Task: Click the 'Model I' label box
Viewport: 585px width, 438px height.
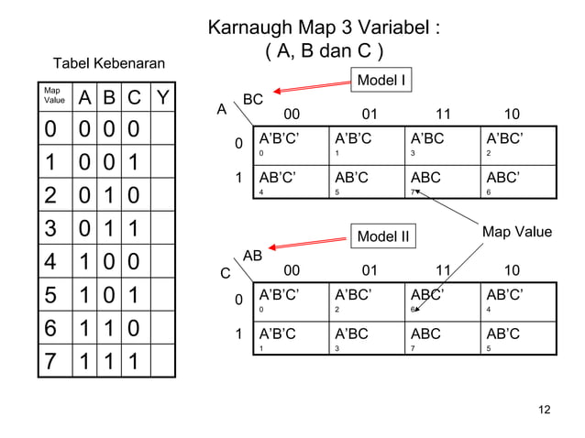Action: click(381, 81)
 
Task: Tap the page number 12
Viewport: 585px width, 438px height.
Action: click(544, 409)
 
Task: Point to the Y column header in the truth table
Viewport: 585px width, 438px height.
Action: click(161, 97)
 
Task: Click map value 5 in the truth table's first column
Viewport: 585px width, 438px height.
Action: click(47, 297)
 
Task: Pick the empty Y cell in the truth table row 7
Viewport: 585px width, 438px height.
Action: click(162, 360)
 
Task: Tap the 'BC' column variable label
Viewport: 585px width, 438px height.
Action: click(253, 99)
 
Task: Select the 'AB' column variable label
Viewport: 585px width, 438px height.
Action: click(253, 257)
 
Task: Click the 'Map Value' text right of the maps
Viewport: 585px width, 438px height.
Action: click(517, 232)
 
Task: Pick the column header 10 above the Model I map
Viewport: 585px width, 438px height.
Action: click(513, 115)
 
